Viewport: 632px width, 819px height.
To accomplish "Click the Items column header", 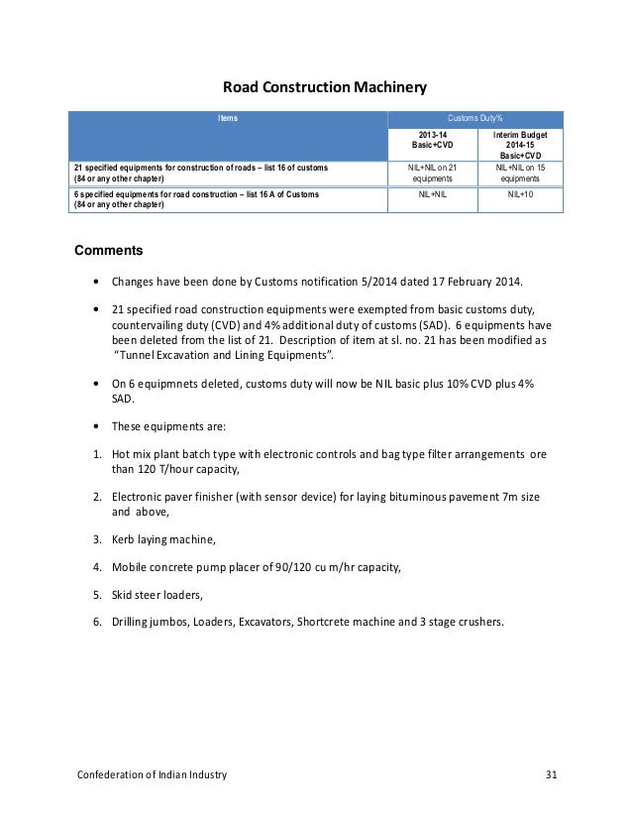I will (x=228, y=118).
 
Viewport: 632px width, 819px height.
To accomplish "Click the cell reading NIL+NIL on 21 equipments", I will (x=431, y=174).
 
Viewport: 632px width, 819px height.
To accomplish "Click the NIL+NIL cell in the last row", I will (x=431, y=195).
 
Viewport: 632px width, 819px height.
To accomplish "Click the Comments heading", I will (x=110, y=250).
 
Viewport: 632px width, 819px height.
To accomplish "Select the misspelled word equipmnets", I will (x=180, y=384).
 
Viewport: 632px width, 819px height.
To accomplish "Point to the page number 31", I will (x=552, y=774).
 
